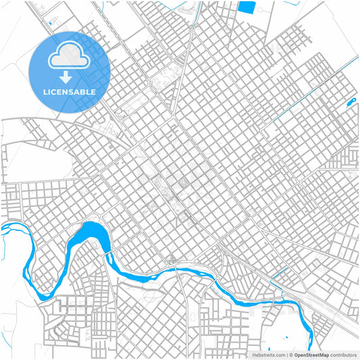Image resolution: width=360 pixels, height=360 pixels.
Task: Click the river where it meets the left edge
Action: [x=3, y=227]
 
